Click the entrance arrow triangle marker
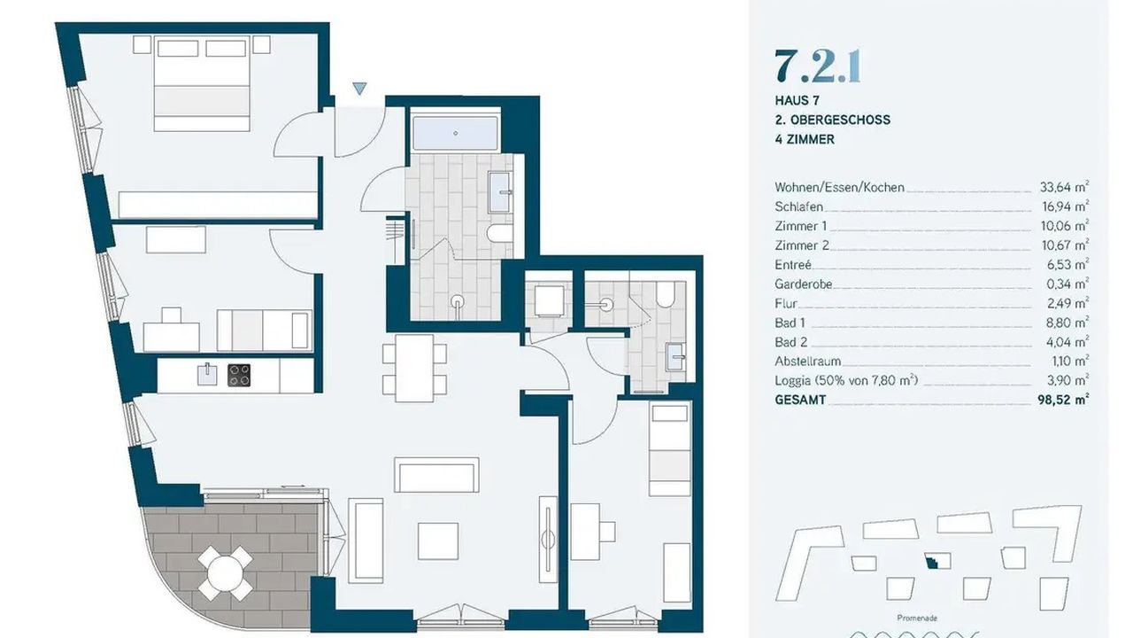pos(359,89)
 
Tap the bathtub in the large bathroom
pos(455,134)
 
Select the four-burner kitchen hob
pos(239,375)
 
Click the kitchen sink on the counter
pos(207,375)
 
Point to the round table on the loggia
pos(225,572)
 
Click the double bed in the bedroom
pos(202,83)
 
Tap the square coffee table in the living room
pos(438,541)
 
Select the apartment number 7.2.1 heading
pos(817,66)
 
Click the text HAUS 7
pos(798,101)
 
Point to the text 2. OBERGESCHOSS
pos(833,120)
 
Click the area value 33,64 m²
pos(1064,187)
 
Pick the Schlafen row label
pos(798,206)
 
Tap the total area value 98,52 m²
pos(1063,400)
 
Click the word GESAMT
pos(800,400)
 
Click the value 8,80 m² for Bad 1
pos(1067,323)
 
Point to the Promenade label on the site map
pos(917,618)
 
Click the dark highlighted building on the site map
pos(932,561)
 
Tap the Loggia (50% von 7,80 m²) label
pos(846,380)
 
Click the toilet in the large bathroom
pos(500,233)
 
